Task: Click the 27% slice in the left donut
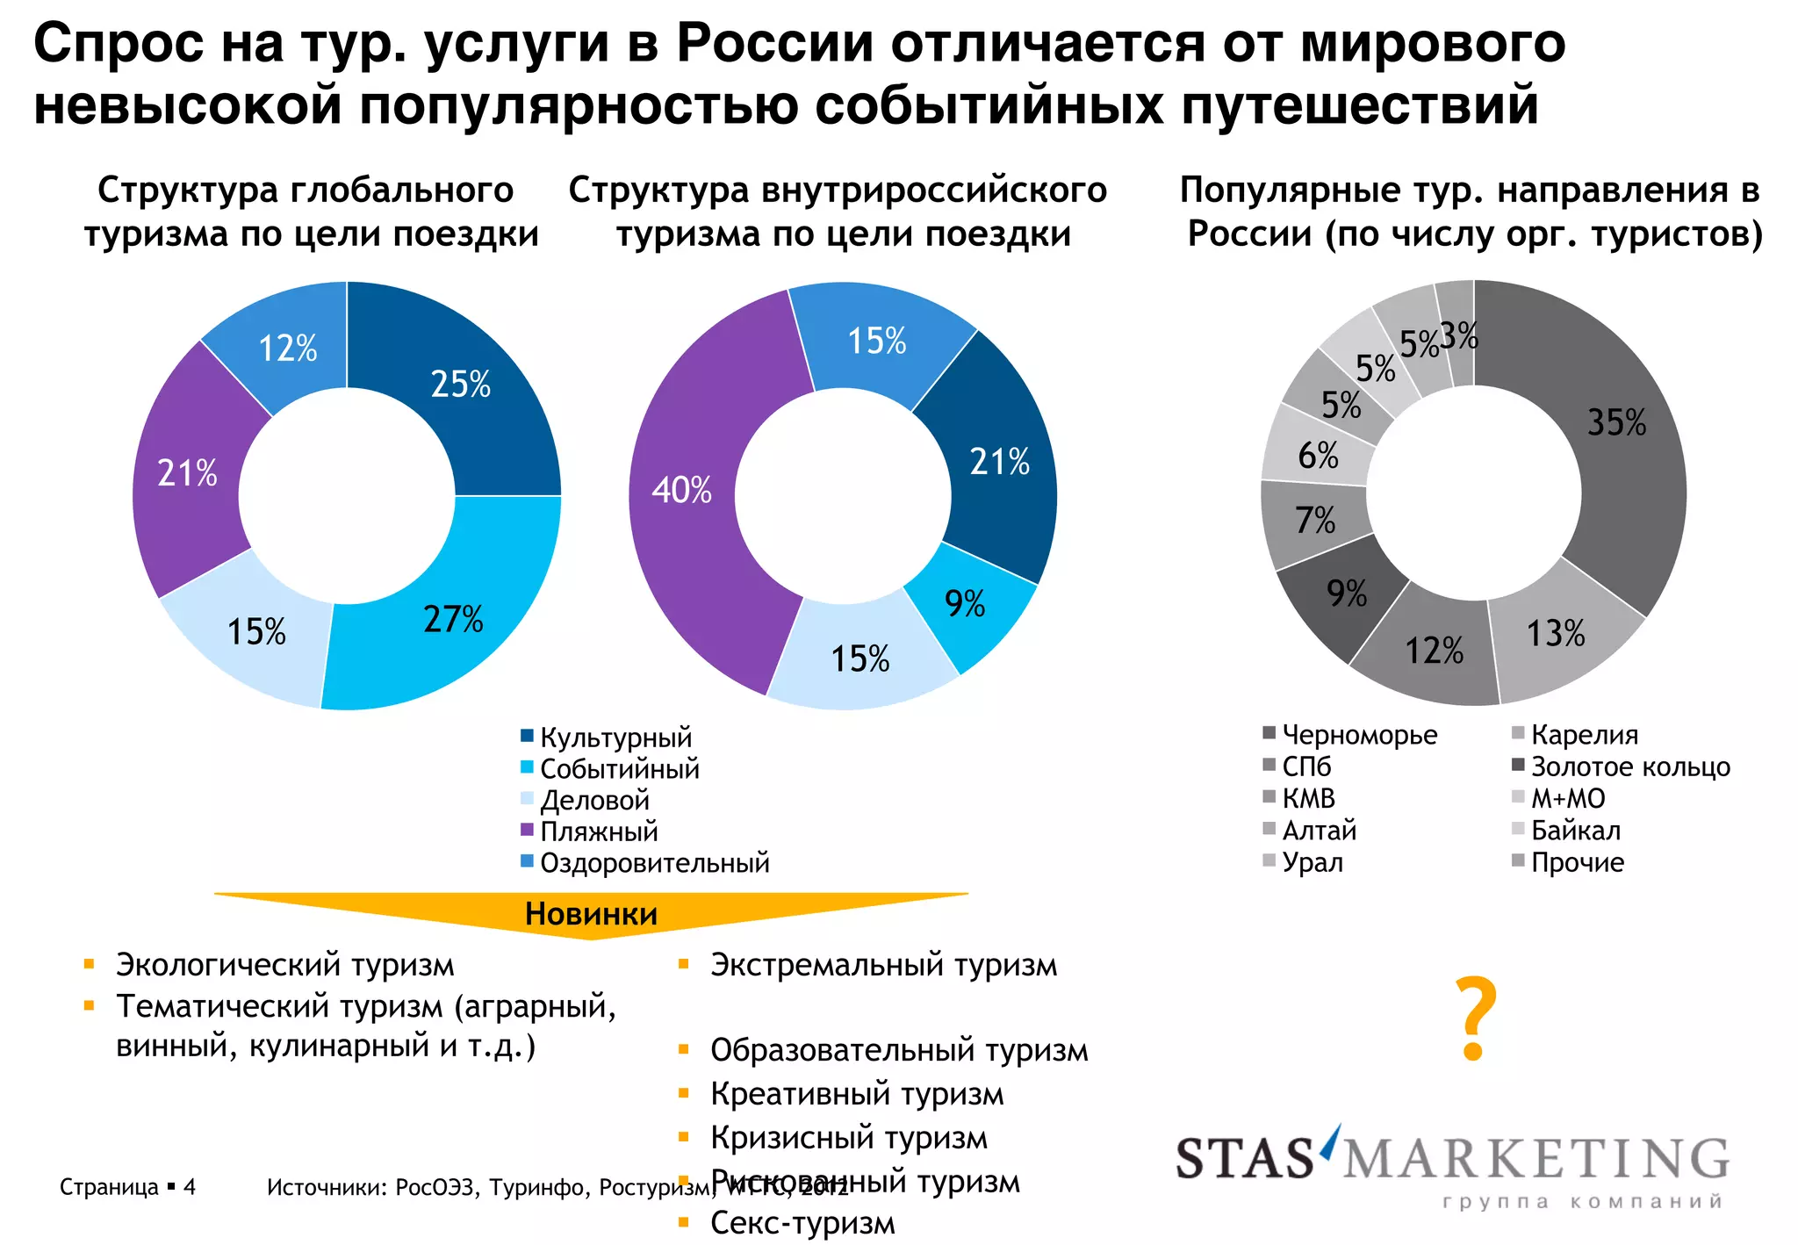(x=452, y=620)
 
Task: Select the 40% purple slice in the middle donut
(x=682, y=490)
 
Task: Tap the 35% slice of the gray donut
(x=1615, y=423)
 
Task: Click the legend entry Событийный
(x=619, y=769)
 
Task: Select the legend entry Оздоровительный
(x=654, y=863)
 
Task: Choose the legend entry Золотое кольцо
(x=1629, y=767)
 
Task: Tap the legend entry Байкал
(x=1575, y=831)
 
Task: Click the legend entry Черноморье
(x=1359, y=735)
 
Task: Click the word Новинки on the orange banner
(x=591, y=914)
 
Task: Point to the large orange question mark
(x=1475, y=1018)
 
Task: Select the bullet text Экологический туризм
(x=285, y=965)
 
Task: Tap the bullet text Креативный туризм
(x=857, y=1095)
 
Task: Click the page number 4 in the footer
(x=190, y=1188)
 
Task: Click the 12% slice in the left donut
(x=288, y=349)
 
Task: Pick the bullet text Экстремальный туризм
(x=883, y=965)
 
